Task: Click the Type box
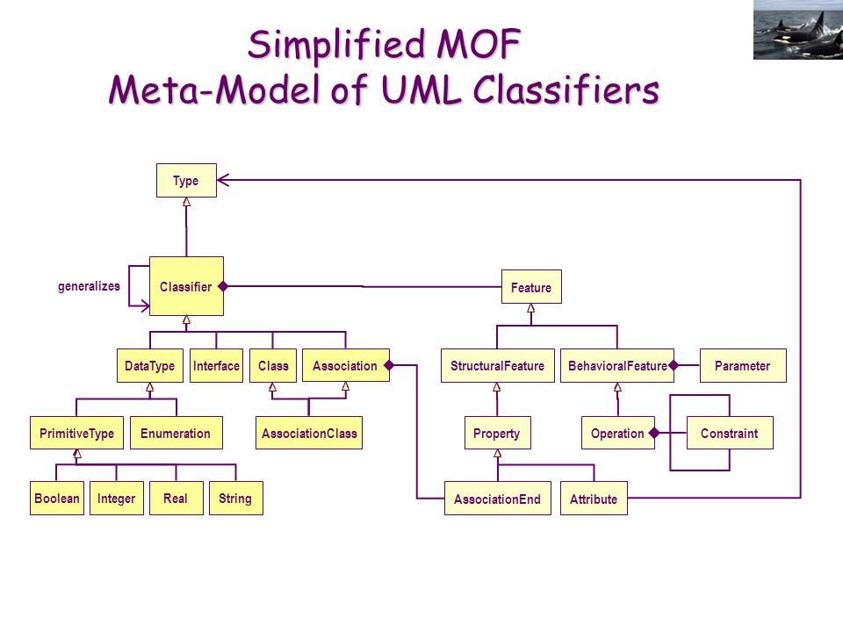pos(186,181)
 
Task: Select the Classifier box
pos(186,286)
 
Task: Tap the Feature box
pos(531,287)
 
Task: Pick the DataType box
pos(150,365)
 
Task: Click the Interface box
pos(216,365)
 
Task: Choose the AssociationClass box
pos(309,433)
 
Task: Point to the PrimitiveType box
pos(77,433)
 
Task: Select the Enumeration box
pos(176,433)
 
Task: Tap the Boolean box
pos(57,499)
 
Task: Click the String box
pos(236,499)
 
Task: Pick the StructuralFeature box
pos(497,365)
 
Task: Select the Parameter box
pos(743,365)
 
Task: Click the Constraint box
pos(730,433)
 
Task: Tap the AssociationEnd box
pos(497,499)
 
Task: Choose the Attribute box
pos(594,499)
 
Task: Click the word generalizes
pos(89,286)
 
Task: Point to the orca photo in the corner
pos(798,30)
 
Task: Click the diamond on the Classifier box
pos(223,286)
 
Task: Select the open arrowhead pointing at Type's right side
pos(223,180)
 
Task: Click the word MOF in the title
pos(479,44)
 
